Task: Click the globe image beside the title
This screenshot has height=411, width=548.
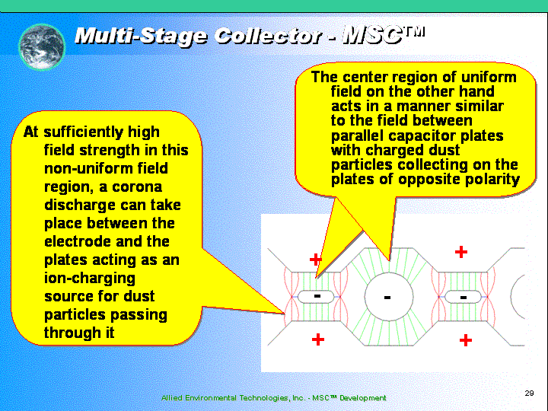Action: (42, 47)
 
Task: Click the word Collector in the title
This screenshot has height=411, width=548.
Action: (268, 35)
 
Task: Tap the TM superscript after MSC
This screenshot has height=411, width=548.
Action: (414, 31)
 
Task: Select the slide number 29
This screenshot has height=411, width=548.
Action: (529, 393)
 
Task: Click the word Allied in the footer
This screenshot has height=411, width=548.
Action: (171, 398)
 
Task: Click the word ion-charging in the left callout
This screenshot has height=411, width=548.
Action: (90, 279)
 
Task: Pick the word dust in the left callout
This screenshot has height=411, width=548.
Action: (139, 296)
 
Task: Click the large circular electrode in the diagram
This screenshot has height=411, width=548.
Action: (389, 297)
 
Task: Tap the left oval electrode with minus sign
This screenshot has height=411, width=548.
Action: (316, 297)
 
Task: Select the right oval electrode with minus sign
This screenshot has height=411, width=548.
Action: (463, 297)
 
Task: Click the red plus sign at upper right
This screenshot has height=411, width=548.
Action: (461, 252)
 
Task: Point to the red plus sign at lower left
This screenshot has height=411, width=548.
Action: (317, 339)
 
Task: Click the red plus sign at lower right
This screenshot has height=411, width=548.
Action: (466, 339)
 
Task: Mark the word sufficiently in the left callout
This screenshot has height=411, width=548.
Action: (84, 132)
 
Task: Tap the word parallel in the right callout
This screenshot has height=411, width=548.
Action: (357, 136)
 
